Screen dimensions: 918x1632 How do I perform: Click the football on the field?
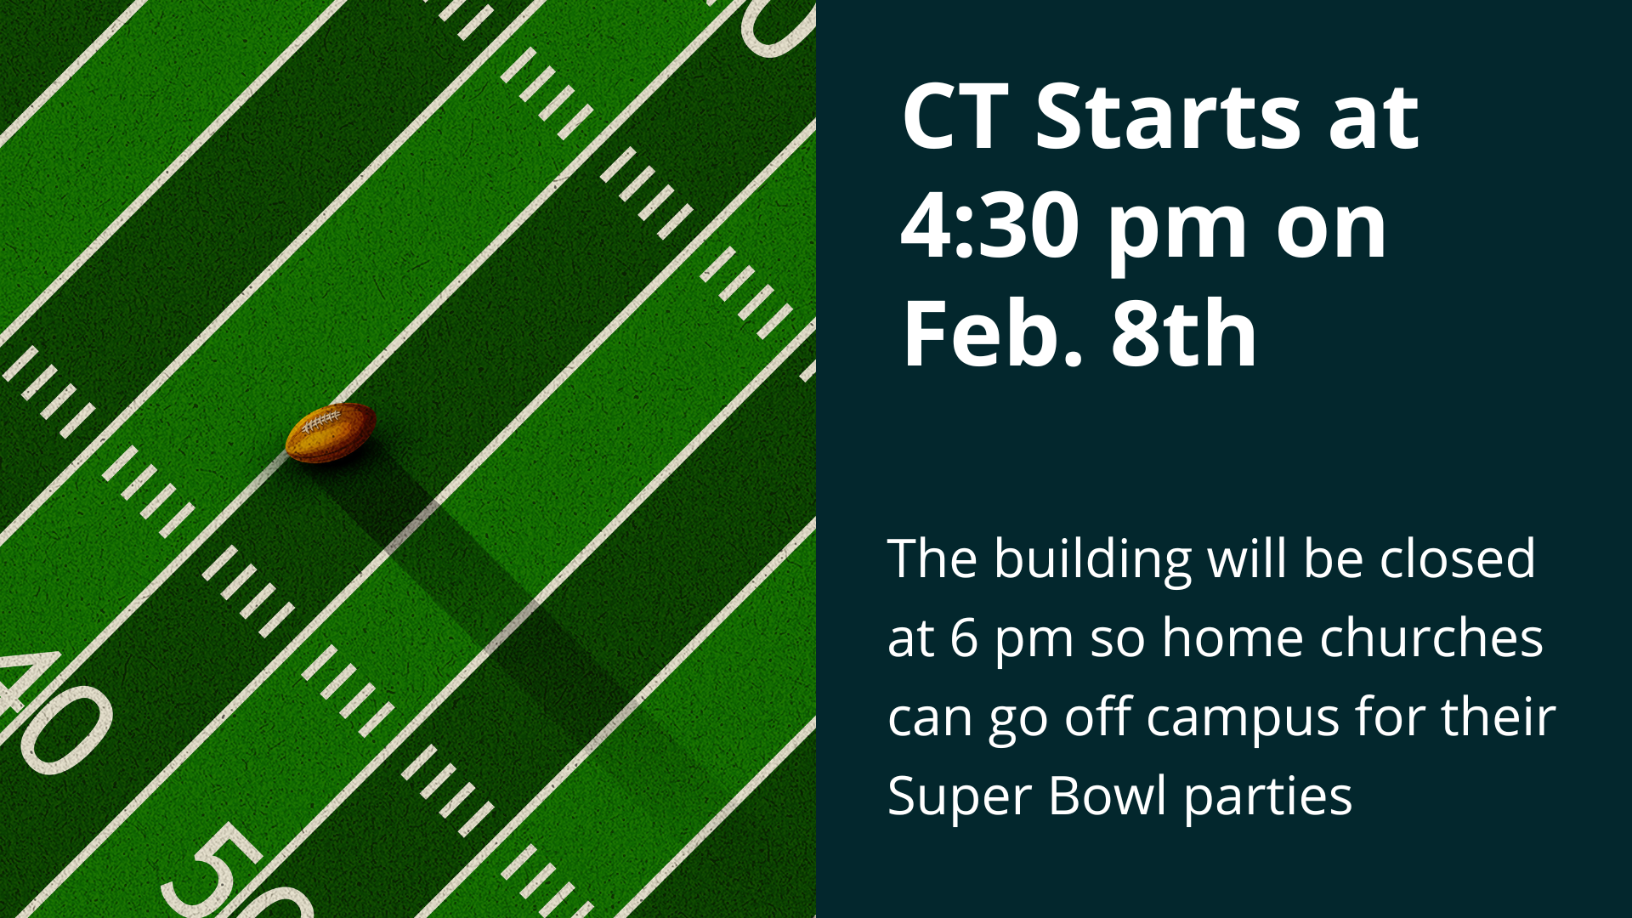click(x=331, y=433)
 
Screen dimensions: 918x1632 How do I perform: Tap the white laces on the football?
click(x=322, y=420)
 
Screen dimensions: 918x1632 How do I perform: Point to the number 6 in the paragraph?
click(x=964, y=637)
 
